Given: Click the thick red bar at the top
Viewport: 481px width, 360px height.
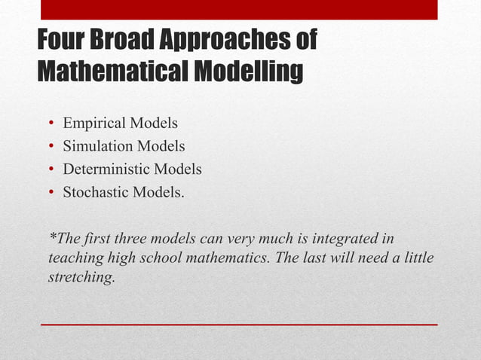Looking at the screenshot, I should pyautogui.click(x=239, y=9).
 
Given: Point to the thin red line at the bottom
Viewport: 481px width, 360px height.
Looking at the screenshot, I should pyautogui.click(x=239, y=324).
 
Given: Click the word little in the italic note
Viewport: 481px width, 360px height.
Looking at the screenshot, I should pyautogui.click(x=415, y=258).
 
